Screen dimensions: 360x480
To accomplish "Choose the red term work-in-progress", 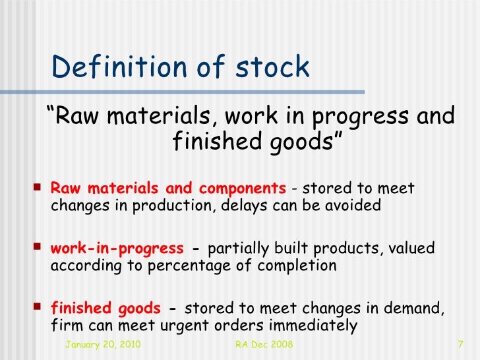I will [117, 249].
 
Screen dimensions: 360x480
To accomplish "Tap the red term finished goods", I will [105, 309].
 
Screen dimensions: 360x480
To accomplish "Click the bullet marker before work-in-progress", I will [37, 248].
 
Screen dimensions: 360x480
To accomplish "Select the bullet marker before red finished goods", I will [37, 308].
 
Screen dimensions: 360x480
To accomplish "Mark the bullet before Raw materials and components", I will [37, 187].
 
